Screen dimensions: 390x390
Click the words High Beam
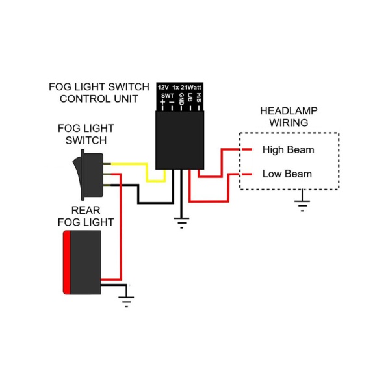[288, 150]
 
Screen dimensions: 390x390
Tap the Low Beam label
[287, 174]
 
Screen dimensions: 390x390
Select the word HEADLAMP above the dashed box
[289, 111]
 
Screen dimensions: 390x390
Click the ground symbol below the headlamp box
[301, 205]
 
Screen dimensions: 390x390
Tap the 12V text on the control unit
[162, 87]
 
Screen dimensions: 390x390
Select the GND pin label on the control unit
[181, 99]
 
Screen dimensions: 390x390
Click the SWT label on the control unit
[166, 95]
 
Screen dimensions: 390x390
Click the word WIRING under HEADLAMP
[289, 122]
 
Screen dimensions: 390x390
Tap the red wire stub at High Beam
[246, 150]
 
